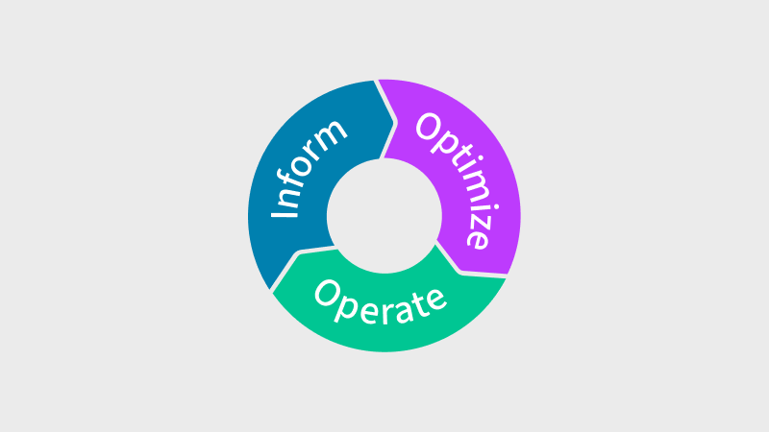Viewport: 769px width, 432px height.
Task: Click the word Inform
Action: point(309,167)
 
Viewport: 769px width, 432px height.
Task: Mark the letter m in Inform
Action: point(334,132)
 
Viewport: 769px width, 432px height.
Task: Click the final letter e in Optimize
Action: point(478,236)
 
